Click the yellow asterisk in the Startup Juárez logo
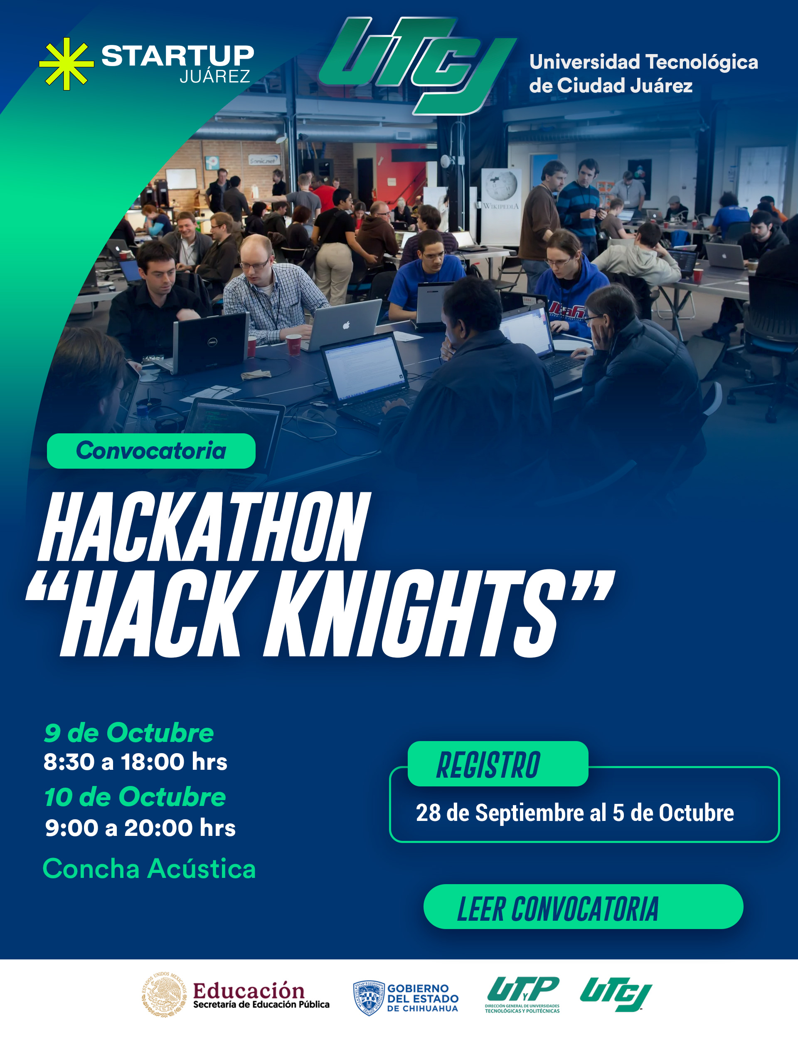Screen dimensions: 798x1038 [66, 64]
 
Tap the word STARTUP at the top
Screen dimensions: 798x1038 [177, 56]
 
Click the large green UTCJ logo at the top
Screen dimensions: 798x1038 [417, 66]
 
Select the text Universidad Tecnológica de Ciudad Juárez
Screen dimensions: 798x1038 [644, 74]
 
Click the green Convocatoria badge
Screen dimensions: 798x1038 [151, 450]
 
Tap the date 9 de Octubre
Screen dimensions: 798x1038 [129, 732]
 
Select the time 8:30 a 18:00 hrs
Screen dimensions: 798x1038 [135, 762]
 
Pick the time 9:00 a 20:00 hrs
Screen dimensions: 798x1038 [140, 828]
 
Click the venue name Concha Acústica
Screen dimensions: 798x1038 [149, 869]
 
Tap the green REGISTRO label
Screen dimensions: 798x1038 [498, 764]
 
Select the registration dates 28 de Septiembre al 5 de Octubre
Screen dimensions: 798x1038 [575, 813]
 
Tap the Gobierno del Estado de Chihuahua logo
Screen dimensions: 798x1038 [406, 998]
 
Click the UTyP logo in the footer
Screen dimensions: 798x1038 [522, 994]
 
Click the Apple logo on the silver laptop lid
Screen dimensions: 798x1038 [346, 325]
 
